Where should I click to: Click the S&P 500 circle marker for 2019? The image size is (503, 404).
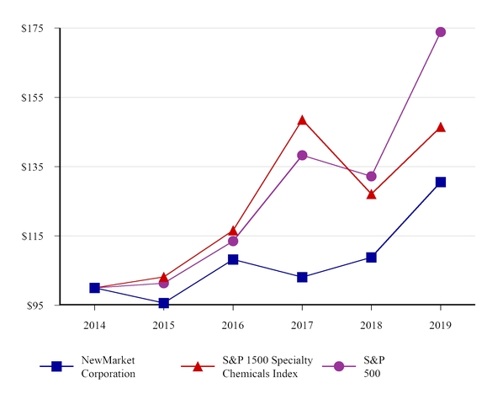pos(440,32)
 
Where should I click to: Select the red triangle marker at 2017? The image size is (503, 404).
pos(302,120)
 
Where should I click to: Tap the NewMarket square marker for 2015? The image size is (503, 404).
pos(164,303)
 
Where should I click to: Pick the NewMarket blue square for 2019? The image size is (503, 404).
pos(440,182)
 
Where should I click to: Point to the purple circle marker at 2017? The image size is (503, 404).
pos(302,155)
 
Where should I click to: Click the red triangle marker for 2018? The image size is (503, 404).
pos(371,194)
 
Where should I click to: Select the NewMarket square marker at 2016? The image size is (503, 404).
pos(233,259)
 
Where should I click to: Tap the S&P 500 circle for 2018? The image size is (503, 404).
pos(371,176)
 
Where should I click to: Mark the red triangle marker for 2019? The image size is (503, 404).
pos(440,127)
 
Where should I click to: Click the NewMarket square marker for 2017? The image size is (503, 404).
pos(302,277)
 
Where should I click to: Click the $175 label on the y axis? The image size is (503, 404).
pos(33,29)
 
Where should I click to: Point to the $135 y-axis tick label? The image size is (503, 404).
pos(33,167)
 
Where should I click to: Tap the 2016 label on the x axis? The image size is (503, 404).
pos(233,324)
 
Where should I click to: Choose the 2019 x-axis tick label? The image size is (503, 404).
pos(440,324)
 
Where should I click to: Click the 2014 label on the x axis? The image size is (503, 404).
pos(94,324)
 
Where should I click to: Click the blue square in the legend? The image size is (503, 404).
pos(56,366)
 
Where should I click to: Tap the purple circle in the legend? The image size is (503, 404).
pos(339,366)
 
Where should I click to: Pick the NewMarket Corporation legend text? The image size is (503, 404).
pos(108,367)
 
